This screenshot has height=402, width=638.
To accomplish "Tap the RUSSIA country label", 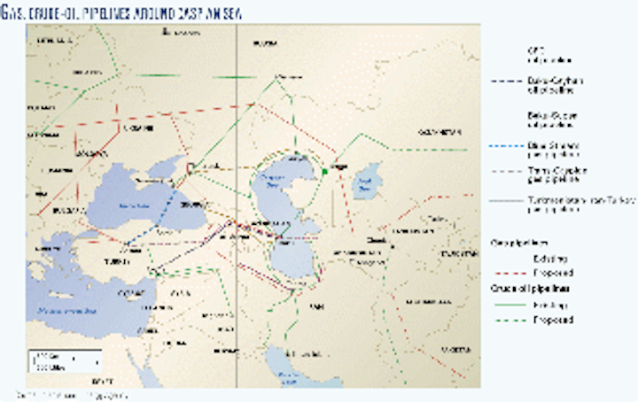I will [x=266, y=43].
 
